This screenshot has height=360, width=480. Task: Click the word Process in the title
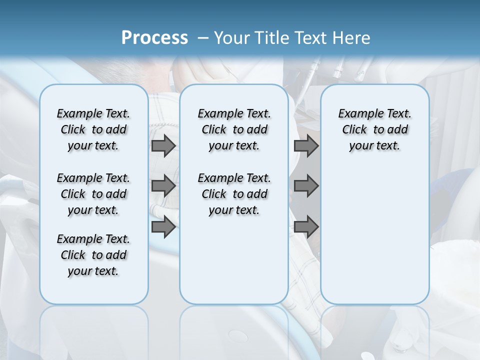[154, 37]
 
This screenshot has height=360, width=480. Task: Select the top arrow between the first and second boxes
[163, 145]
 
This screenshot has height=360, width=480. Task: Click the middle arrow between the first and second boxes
[163, 186]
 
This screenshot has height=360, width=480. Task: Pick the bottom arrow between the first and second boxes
[163, 226]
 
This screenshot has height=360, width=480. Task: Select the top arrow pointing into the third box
[306, 145]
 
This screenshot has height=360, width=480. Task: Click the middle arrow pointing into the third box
[306, 186]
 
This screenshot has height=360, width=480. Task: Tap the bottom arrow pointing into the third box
[306, 226]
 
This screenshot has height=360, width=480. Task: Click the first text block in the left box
[93, 129]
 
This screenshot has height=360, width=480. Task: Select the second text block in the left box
[93, 194]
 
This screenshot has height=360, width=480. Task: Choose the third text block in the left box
[93, 255]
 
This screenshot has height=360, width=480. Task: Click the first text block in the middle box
[234, 129]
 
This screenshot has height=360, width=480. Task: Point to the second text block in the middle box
[234, 194]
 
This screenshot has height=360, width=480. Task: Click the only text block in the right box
[374, 129]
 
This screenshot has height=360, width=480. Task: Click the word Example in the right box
[360, 114]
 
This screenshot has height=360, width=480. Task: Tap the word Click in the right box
[354, 130]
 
